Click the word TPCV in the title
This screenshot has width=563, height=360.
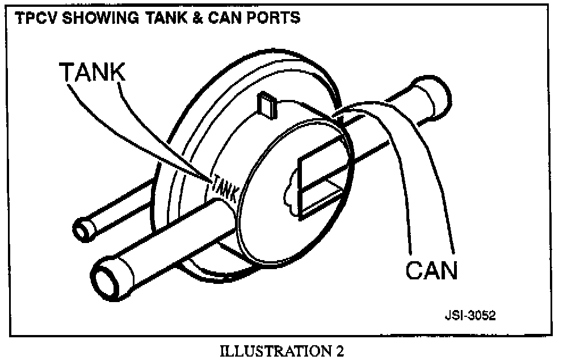[33, 18]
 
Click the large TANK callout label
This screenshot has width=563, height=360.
[93, 73]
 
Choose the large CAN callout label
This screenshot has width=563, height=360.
[431, 270]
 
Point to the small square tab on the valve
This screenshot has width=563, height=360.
[265, 104]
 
